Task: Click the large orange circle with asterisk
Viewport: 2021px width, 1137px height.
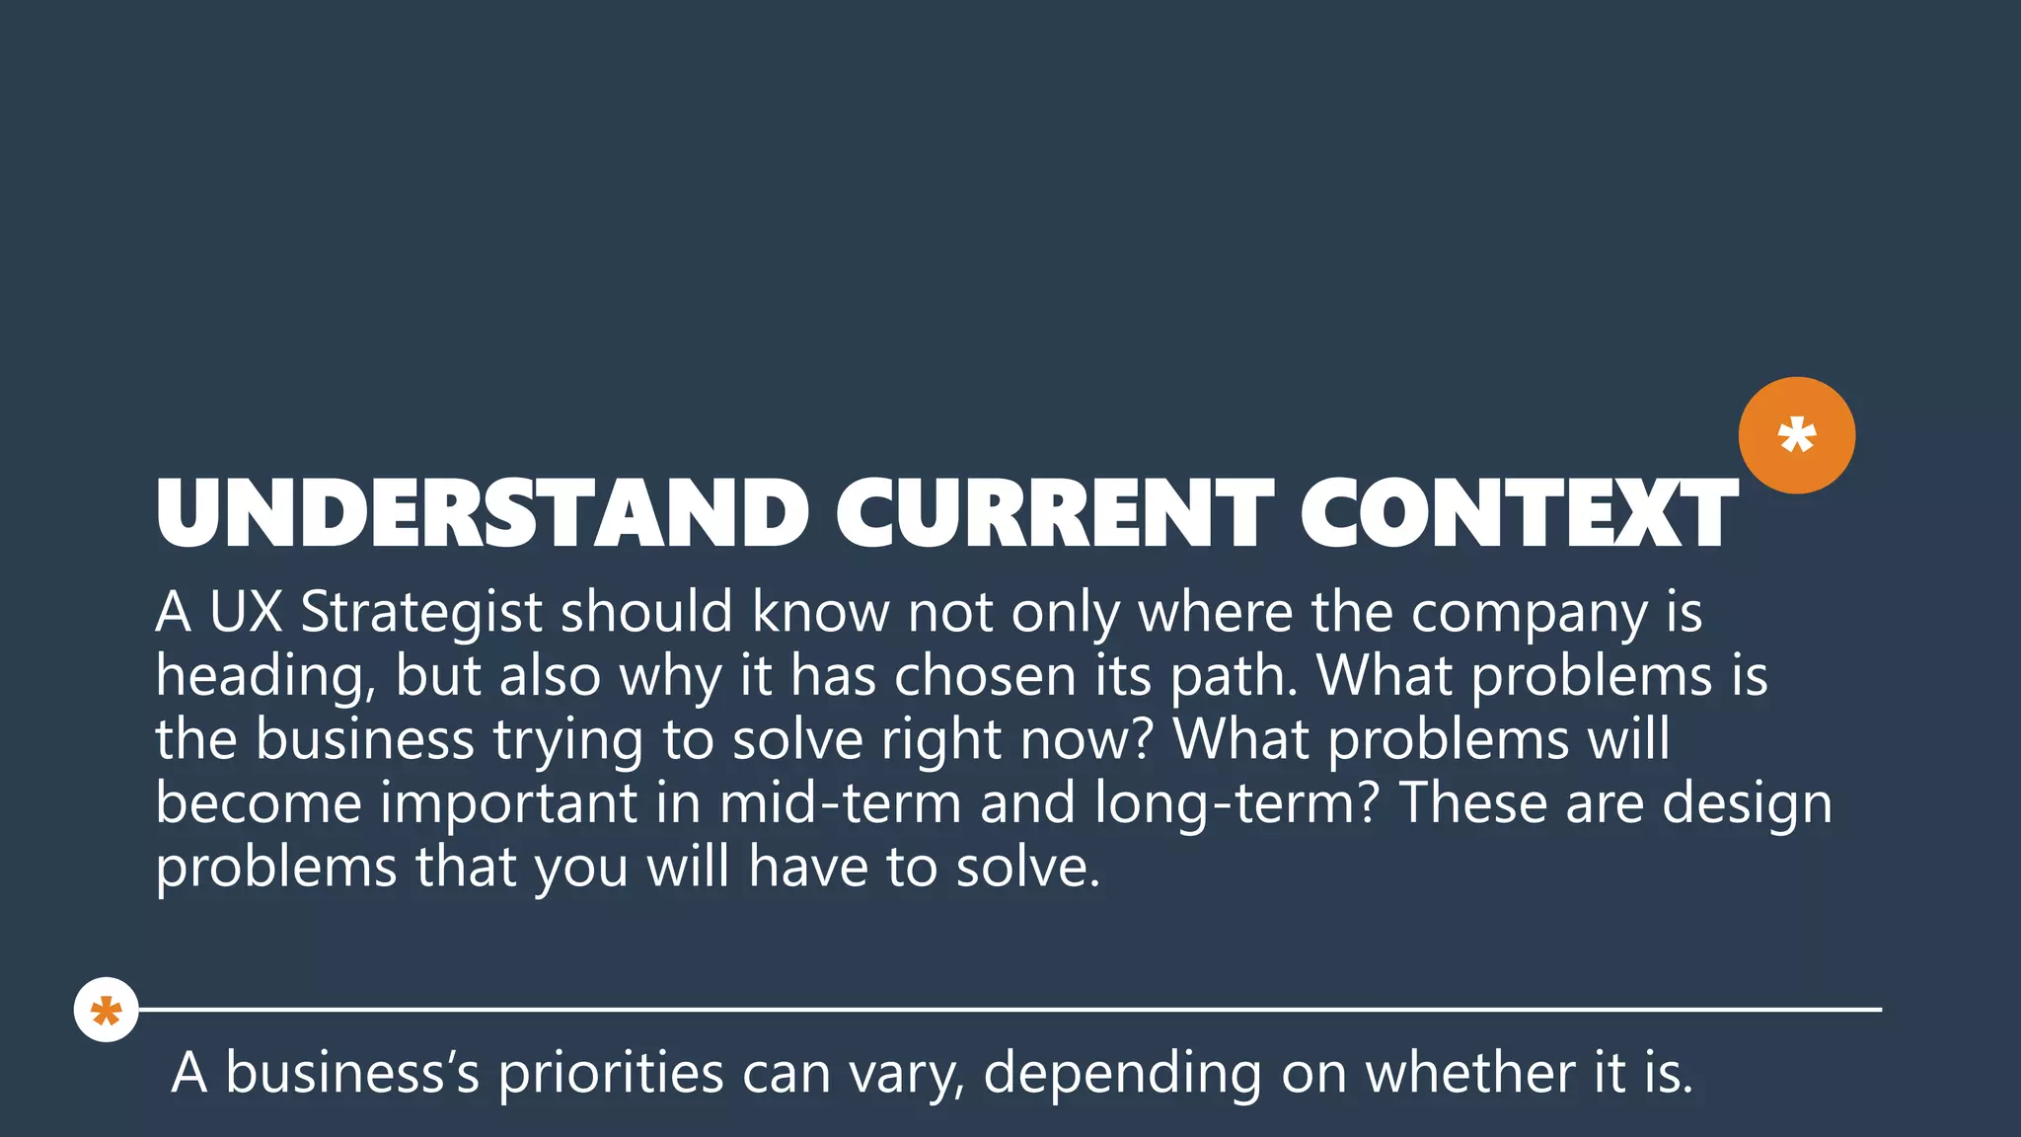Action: pos(1796,435)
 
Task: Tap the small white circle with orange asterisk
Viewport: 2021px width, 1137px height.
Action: pos(106,1010)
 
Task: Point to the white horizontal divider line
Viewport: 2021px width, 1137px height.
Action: pos(1007,1010)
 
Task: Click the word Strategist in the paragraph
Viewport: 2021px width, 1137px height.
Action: pos(421,614)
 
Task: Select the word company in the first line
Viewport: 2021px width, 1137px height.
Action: pos(1529,614)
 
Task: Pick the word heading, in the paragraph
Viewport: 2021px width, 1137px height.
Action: pos(264,678)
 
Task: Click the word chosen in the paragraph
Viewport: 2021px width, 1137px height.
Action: pos(984,677)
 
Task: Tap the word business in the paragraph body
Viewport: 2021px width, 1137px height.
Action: pos(365,740)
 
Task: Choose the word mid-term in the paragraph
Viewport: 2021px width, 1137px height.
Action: pos(840,803)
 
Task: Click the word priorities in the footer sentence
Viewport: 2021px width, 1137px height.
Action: pos(611,1074)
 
